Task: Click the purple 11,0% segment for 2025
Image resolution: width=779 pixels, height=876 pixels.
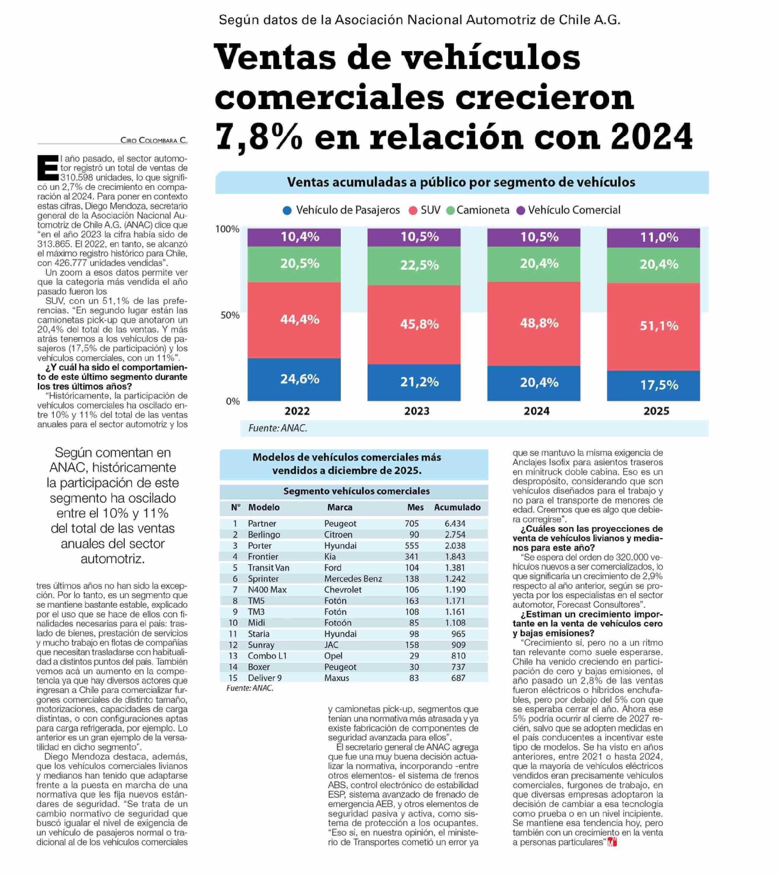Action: tap(653, 237)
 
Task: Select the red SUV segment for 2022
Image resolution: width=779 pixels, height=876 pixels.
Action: tap(294, 320)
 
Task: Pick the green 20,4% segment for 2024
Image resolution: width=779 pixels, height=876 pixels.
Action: tap(533, 264)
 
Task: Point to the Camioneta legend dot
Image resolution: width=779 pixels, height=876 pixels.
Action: tap(450, 211)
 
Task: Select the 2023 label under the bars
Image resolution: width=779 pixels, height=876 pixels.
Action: tap(416, 411)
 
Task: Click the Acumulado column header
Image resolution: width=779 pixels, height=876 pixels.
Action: tap(457, 507)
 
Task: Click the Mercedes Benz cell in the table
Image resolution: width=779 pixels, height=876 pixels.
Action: tap(353, 579)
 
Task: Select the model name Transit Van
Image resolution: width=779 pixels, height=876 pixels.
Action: tap(268, 568)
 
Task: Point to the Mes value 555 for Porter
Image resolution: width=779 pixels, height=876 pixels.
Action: tap(412, 546)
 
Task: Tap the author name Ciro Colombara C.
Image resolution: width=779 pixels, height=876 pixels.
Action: tap(153, 140)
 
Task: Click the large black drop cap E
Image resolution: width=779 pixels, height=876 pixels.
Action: tap(47, 168)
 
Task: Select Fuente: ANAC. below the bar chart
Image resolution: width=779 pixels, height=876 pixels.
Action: tap(278, 428)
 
